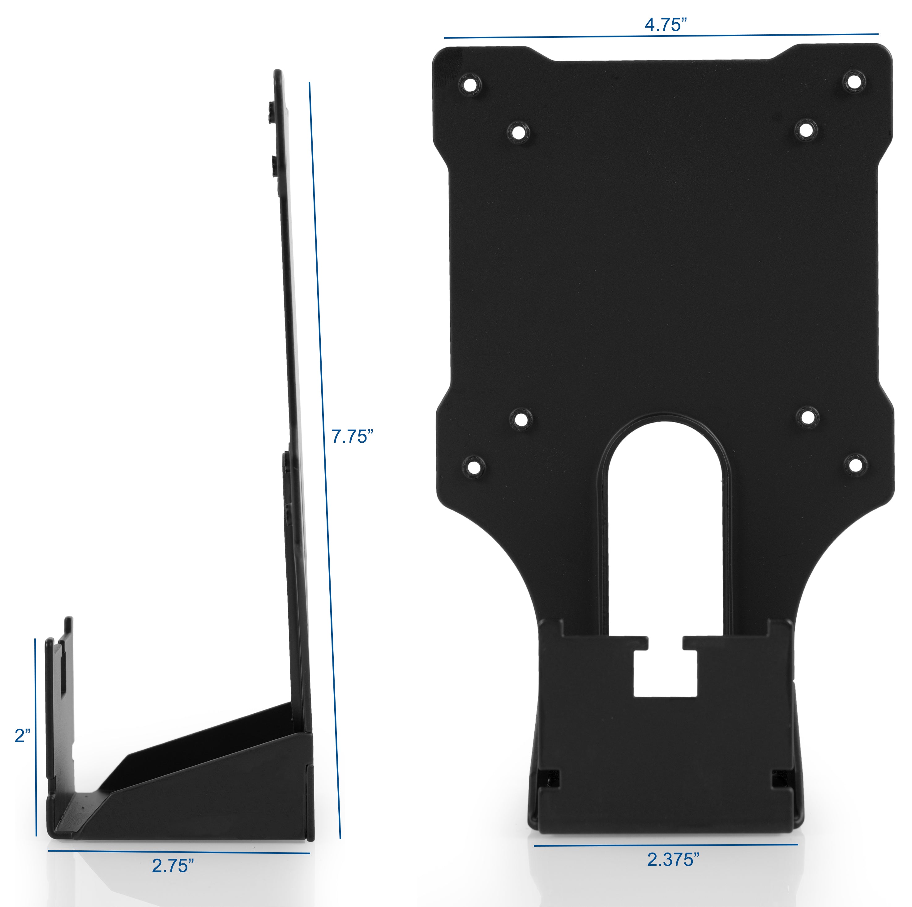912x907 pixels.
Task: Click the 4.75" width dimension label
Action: [665, 24]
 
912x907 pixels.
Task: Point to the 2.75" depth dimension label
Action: [172, 866]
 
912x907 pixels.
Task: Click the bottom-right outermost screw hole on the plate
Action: [855, 464]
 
